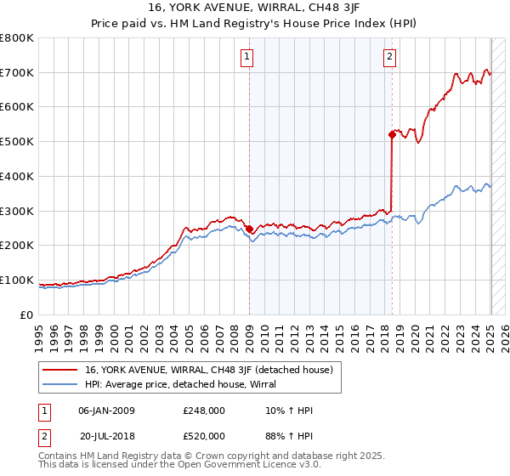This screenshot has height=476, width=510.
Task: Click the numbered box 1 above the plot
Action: pyautogui.click(x=247, y=57)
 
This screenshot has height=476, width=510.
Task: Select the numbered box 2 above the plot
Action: pyautogui.click(x=389, y=57)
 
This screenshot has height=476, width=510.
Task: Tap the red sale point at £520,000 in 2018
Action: pyautogui.click(x=392, y=134)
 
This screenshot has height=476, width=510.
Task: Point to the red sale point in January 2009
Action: pyautogui.click(x=249, y=229)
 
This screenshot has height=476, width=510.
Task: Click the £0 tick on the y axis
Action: pyautogui.click(x=27, y=314)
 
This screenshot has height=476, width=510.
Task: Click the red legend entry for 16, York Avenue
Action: pyautogui.click(x=213, y=370)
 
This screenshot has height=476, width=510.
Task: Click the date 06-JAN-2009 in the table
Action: pyautogui.click(x=106, y=411)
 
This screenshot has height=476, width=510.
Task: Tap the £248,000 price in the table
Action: pyautogui.click(x=204, y=411)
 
